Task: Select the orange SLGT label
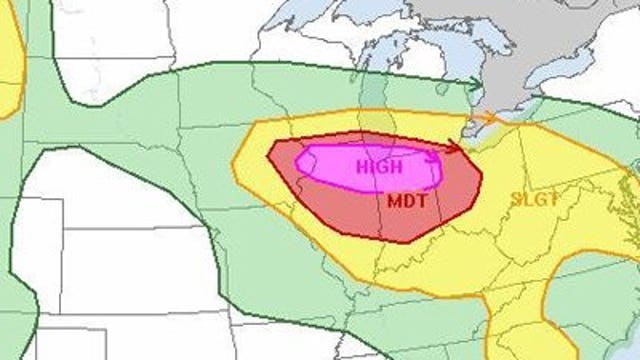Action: coord(534,198)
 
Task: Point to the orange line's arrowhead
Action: coord(493,118)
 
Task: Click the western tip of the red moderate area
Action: coord(270,154)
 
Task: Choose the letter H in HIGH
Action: coord(361,165)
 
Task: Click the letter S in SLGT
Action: coord(516,198)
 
